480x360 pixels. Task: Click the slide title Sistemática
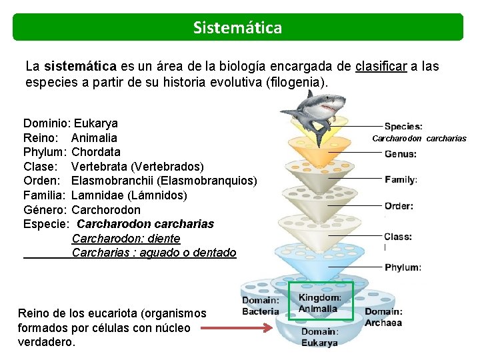[237, 27]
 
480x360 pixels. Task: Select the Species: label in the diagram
[403, 126]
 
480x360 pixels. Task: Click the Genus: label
[401, 153]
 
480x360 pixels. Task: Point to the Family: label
[401, 179]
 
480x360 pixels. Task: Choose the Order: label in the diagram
[399, 206]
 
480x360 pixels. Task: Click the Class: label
[398, 237]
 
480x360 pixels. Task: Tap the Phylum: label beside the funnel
[403, 267]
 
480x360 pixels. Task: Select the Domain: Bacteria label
[260, 306]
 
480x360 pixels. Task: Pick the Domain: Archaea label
[383, 317]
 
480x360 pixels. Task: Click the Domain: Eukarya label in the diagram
[319, 337]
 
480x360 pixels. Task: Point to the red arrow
[237, 327]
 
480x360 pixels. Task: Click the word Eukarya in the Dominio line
[96, 123]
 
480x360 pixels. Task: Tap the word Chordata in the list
[96, 152]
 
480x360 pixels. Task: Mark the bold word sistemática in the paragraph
[80, 67]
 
